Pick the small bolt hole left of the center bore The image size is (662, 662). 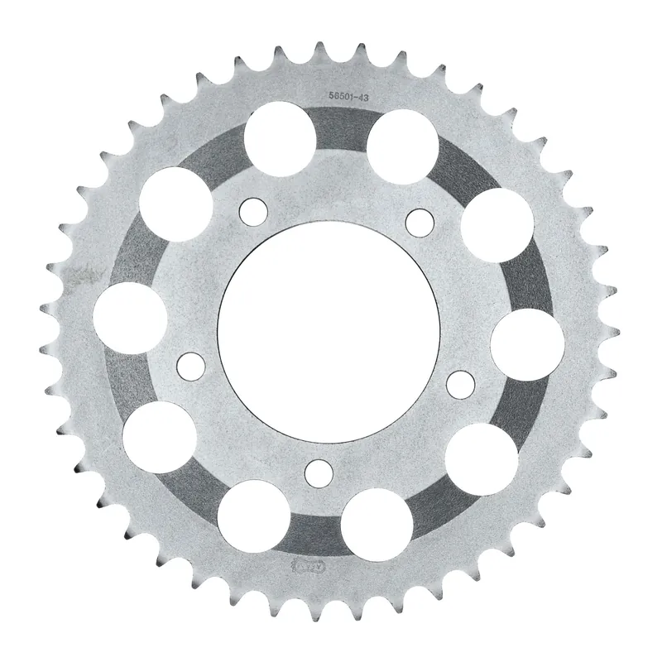190,363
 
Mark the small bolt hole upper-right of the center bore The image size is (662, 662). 420,221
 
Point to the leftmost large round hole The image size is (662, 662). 128,318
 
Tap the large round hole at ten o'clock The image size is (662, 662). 176,204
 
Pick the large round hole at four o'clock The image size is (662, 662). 481,458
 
